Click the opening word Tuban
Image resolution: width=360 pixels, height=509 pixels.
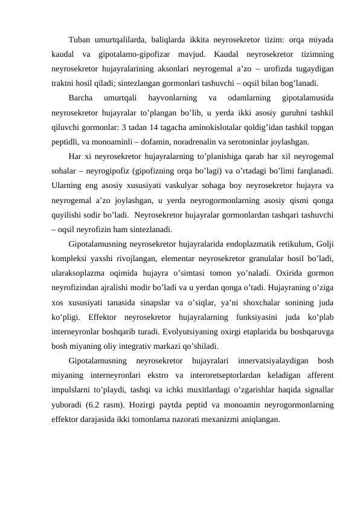pyautogui.click(x=79, y=41)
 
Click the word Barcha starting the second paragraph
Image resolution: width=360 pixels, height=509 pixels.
pyautogui.click(x=81, y=98)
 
